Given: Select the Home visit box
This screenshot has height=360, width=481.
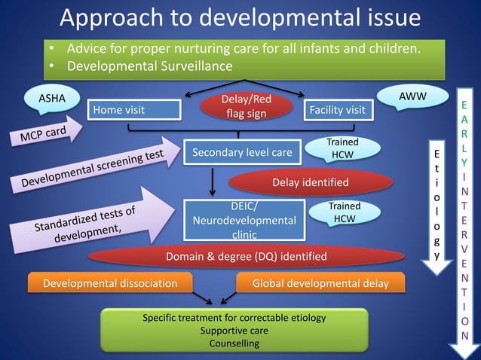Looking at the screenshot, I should pyautogui.click(x=134, y=110).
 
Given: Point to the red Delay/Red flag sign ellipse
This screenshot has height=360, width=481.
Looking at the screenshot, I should pyautogui.click(x=246, y=107).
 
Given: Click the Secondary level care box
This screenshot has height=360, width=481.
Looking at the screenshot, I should pyautogui.click(x=241, y=153).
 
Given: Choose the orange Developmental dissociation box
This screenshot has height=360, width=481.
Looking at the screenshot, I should pyautogui.click(x=110, y=283).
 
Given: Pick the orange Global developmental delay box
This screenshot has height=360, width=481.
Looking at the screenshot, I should pyautogui.click(x=320, y=283).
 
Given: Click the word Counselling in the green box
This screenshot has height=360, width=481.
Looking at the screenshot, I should pyautogui.click(x=234, y=343).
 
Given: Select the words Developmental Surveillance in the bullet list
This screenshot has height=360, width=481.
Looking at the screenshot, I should pyautogui.click(x=150, y=66).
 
